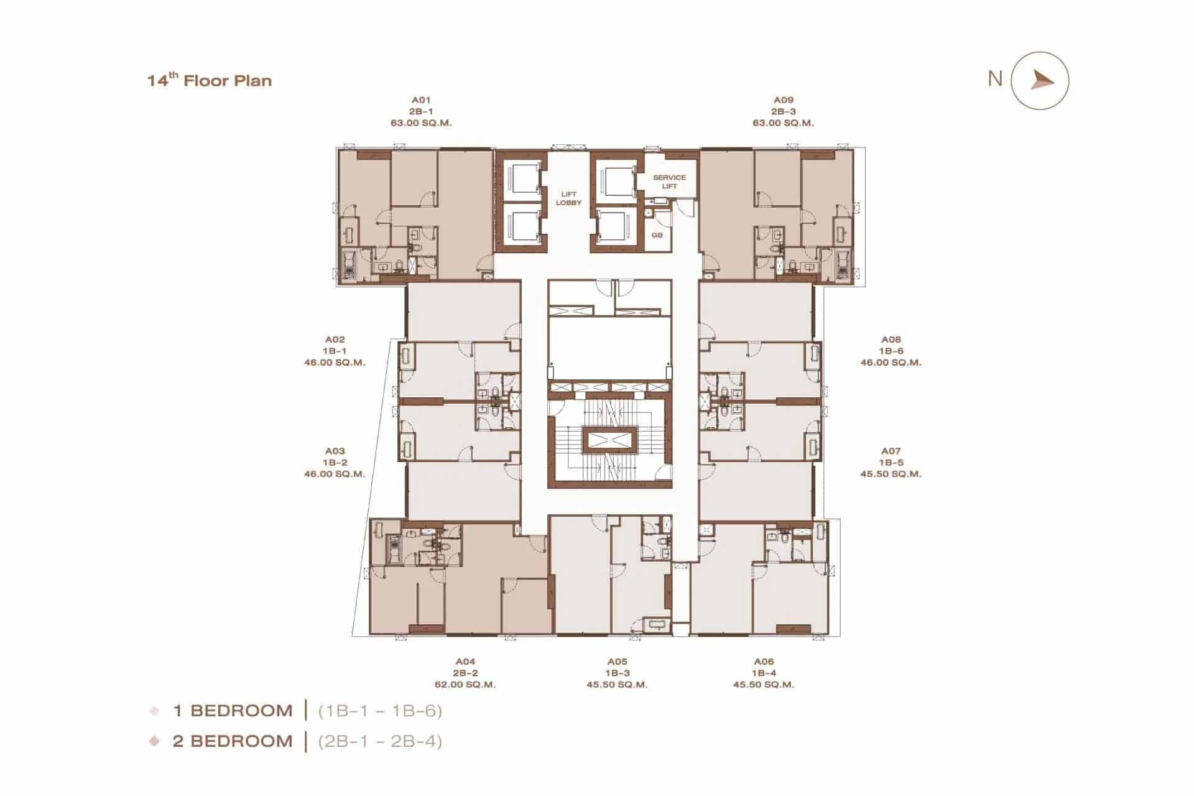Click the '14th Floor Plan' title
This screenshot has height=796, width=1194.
click(210, 80)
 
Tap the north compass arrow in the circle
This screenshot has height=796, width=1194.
click(1042, 80)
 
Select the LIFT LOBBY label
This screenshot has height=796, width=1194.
click(568, 198)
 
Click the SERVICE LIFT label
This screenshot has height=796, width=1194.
click(669, 182)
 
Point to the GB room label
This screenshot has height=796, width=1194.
click(657, 235)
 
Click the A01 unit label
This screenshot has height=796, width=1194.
click(421, 99)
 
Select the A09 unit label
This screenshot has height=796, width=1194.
click(784, 99)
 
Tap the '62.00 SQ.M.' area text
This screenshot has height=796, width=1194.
click(465, 685)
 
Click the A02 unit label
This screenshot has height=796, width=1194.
click(335, 340)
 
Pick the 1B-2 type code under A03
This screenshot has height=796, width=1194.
click(335, 463)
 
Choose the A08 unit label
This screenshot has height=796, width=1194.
click(891, 340)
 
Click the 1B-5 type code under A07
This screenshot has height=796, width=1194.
click(891, 463)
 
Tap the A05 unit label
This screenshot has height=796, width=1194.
click(618, 662)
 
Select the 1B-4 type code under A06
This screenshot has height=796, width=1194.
click(764, 673)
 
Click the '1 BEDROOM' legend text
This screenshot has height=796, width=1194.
click(233, 711)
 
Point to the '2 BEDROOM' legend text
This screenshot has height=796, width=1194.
click(233, 741)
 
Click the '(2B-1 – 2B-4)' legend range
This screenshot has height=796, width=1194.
click(380, 741)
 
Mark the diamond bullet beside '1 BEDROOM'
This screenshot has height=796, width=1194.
click(155, 711)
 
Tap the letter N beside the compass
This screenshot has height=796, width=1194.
click(995, 78)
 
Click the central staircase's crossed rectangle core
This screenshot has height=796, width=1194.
click(609, 440)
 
